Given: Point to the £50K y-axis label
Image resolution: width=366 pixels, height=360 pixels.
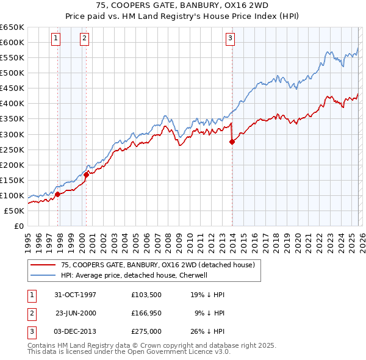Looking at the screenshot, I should [13, 211].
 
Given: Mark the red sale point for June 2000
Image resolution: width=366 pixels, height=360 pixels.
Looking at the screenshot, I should [87, 175].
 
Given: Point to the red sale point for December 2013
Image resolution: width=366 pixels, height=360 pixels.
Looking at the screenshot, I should [232, 142].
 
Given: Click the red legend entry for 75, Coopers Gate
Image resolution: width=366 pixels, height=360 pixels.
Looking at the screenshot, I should [161, 265].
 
